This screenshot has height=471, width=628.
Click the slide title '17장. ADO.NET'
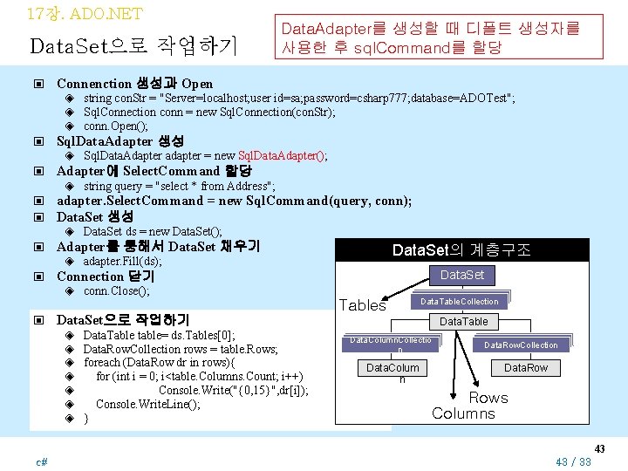click(84, 14)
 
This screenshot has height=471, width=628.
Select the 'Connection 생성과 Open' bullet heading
click(134, 84)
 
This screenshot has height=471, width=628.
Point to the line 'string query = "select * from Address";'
click(180, 186)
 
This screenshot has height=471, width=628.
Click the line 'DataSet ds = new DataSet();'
click(152, 231)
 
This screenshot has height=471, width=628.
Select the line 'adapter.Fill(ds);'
click(122, 261)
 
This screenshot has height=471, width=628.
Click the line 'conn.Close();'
click(116, 290)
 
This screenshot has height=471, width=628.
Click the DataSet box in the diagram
click(461, 276)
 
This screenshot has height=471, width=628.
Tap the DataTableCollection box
click(459, 302)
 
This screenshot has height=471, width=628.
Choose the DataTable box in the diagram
click(464, 322)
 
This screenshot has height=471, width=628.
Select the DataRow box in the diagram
click(526, 368)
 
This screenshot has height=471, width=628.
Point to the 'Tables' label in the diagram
click(362, 304)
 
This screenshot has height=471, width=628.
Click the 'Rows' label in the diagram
click(488, 398)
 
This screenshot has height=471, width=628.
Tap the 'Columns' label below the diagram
click(463, 413)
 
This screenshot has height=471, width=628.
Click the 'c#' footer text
click(42, 460)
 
